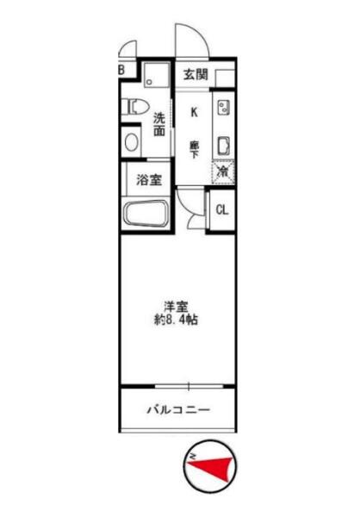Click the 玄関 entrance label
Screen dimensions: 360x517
(x=196, y=74)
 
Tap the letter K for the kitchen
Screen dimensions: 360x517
(x=194, y=112)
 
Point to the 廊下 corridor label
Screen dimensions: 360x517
(x=194, y=149)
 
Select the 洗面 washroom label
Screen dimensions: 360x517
(x=159, y=124)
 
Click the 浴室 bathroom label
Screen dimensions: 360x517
(x=149, y=180)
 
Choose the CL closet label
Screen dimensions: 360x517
(x=222, y=210)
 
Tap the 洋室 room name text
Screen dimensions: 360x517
(x=176, y=307)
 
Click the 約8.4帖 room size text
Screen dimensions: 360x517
(x=176, y=320)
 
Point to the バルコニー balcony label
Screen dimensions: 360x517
(x=178, y=410)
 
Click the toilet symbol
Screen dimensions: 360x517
(x=135, y=106)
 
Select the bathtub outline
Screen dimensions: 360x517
(x=146, y=214)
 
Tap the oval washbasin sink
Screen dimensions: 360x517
(x=131, y=142)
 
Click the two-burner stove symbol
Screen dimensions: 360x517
(x=224, y=108)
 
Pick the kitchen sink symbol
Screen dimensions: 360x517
(x=224, y=146)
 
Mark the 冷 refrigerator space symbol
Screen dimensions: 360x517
(x=223, y=171)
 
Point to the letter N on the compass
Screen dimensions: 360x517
(x=193, y=457)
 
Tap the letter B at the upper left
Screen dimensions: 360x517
(x=121, y=70)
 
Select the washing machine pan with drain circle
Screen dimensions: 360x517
(x=157, y=75)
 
